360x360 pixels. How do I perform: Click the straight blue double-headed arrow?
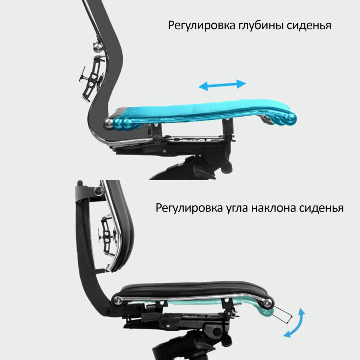click(222, 85)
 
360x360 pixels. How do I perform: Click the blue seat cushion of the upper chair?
click(204, 112)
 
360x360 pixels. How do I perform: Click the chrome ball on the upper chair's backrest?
click(98, 46)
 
